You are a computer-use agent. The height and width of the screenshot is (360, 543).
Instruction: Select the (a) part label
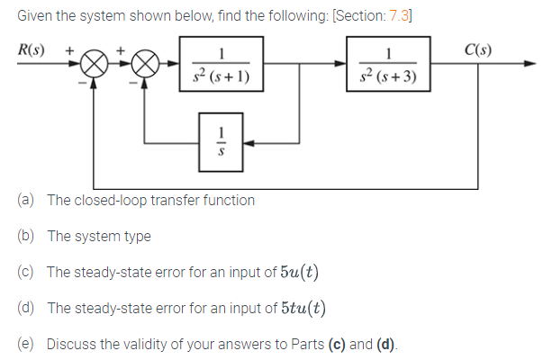pos(26,200)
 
